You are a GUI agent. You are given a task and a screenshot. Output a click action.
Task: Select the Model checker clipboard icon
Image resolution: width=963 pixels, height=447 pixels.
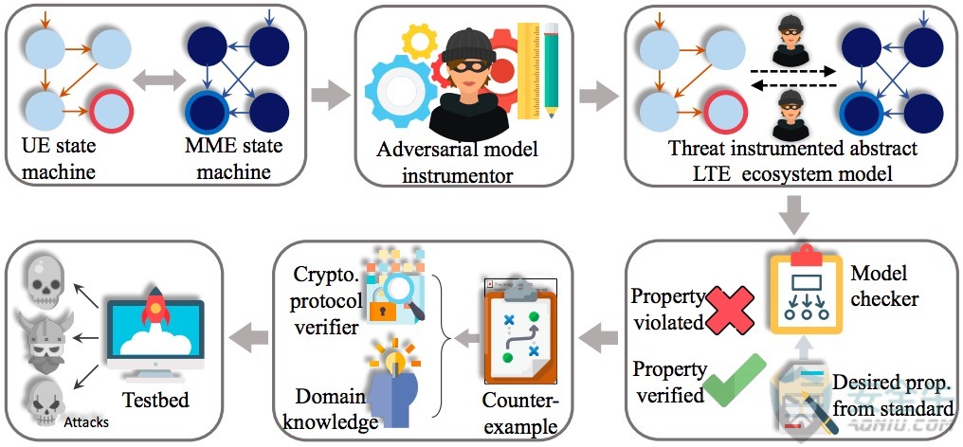(x=806, y=290)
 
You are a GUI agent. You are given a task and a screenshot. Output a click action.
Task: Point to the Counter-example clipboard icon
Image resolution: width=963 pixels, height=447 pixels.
(x=519, y=331)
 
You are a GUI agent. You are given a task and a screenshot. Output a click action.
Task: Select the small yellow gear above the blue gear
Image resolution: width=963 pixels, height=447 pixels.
(x=418, y=40)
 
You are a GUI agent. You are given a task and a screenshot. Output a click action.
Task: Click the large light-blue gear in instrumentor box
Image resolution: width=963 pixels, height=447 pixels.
(x=399, y=92)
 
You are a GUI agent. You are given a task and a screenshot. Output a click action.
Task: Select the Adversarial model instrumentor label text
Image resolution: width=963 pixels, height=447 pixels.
(x=457, y=163)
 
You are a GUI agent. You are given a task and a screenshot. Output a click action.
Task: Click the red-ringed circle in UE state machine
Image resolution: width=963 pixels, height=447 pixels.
(x=111, y=111)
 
